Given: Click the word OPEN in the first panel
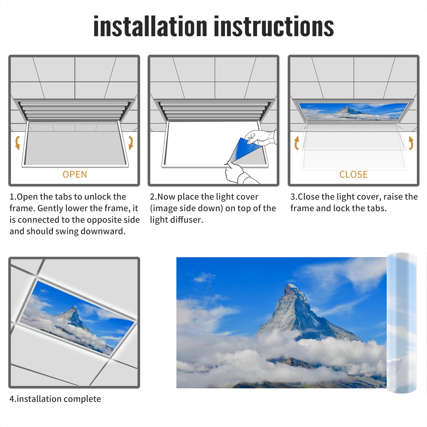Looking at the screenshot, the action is (75, 174).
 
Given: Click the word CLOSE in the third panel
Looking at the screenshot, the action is (353, 174).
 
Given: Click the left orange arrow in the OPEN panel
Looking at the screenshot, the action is (17, 143).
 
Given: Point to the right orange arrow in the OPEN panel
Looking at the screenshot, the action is (131, 143).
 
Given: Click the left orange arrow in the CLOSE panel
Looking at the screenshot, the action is (296, 143).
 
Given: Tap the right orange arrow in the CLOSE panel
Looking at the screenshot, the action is (411, 143).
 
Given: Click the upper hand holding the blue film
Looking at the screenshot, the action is (260, 137).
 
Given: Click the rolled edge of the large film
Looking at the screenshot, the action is (401, 323).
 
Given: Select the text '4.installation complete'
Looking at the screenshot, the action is (55, 399).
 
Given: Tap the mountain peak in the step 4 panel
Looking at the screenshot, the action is (74, 309).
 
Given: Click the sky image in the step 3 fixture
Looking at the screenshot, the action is (353, 112).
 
